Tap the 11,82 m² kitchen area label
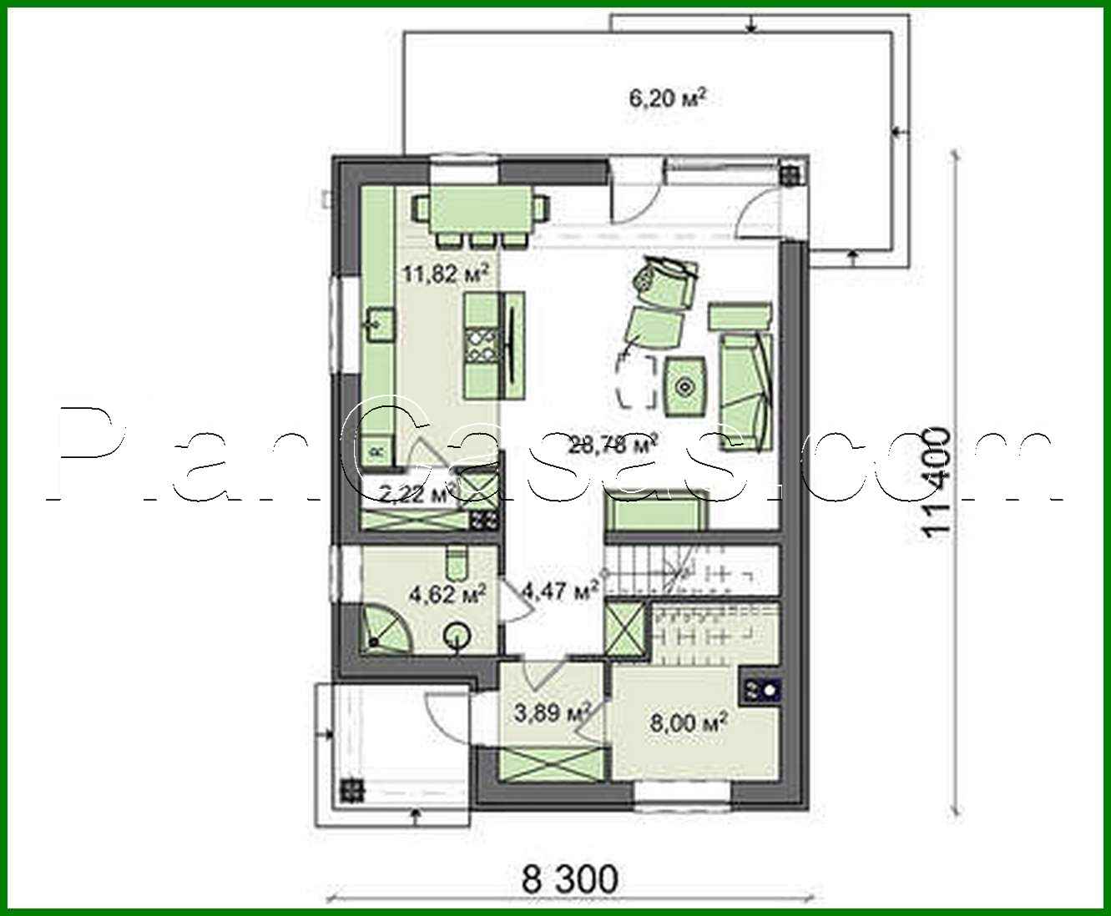pyautogui.click(x=446, y=274)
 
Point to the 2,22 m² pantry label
pyautogui.click(x=412, y=494)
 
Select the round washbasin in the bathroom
pyautogui.click(x=457, y=637)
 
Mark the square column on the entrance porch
pyautogui.click(x=351, y=789)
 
